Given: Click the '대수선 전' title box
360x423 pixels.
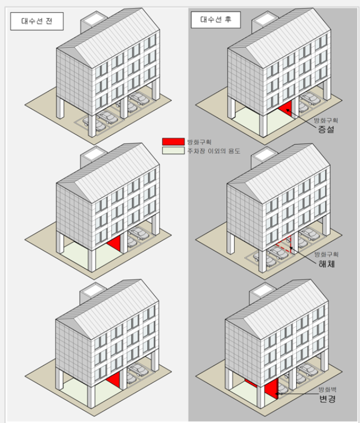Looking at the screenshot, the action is coord(37,21).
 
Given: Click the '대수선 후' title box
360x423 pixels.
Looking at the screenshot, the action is coord(215,19).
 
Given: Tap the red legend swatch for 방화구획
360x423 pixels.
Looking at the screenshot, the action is coord(173,141).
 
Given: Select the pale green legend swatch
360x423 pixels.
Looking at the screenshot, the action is coord(173,151).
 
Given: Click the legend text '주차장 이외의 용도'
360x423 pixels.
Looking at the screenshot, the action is coord(213,151).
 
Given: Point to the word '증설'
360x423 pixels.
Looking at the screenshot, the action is coord(326,129).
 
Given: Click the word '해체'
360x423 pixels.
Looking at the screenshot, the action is coord(327,263).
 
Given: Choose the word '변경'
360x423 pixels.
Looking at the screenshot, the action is coord(327,399).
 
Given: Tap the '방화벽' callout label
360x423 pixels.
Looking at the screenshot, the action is coord(327,389).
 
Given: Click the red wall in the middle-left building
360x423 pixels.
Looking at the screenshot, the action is coord(115,243).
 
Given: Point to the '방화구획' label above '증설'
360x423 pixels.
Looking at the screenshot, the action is coord(326,120).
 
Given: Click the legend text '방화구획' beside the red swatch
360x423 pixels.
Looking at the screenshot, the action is coord(199,142).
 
